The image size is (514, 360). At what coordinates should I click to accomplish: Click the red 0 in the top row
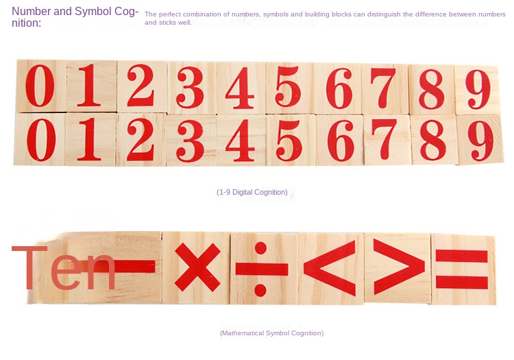coord(40,86)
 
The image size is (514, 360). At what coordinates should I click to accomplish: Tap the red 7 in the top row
coord(384,88)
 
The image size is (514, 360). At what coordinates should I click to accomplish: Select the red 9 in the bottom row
coord(480,141)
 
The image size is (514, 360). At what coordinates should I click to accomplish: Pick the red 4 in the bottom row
coord(241,141)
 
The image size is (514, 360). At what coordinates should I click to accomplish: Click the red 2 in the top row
coord(140,85)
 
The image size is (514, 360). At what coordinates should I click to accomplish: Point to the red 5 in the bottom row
coord(289,141)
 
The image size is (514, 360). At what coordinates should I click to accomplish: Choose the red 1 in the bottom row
coord(89,139)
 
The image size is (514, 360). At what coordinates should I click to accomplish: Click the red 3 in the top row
coord(190,87)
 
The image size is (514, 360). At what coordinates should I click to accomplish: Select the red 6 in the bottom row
coord(341,141)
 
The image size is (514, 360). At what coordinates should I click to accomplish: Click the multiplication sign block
coord(197,267)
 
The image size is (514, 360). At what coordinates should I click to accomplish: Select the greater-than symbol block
coord(397,268)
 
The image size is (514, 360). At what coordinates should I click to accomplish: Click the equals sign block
coord(463,269)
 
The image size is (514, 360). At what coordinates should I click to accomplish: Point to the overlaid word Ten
coord(64,268)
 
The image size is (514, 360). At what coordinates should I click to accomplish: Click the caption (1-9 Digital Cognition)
coord(252,192)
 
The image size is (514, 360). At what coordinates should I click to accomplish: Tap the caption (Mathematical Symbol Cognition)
coord(272,333)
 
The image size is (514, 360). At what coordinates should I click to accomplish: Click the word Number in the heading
coord(31,11)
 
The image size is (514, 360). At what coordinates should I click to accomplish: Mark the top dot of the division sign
coord(260,248)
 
